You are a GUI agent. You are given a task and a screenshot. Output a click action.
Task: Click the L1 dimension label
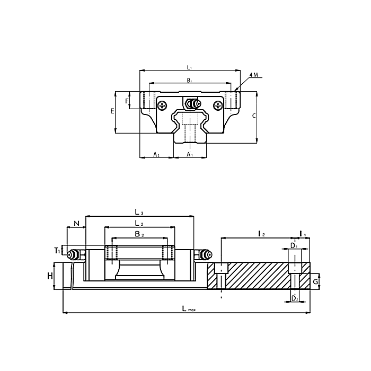[189, 67]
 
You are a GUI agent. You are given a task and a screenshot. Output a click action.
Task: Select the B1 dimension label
[189, 81]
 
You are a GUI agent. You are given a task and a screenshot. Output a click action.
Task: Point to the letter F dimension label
[127, 101]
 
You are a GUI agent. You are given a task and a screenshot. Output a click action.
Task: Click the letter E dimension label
[112, 111]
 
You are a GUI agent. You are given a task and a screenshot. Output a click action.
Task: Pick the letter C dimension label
[254, 116]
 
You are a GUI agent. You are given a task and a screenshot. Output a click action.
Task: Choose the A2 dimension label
[156, 154]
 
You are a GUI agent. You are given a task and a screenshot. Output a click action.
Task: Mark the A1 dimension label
[189, 154]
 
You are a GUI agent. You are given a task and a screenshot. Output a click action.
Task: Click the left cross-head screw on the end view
[163, 105]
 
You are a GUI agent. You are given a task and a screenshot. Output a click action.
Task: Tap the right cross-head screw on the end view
[217, 105]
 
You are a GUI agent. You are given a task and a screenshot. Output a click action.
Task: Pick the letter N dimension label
[76, 223]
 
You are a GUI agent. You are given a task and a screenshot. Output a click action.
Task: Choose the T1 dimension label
[57, 250]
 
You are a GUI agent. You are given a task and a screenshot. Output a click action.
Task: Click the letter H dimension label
[49, 276]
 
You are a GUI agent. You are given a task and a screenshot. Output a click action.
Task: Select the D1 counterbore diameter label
[293, 245]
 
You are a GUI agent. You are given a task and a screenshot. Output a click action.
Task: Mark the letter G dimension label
[315, 281]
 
